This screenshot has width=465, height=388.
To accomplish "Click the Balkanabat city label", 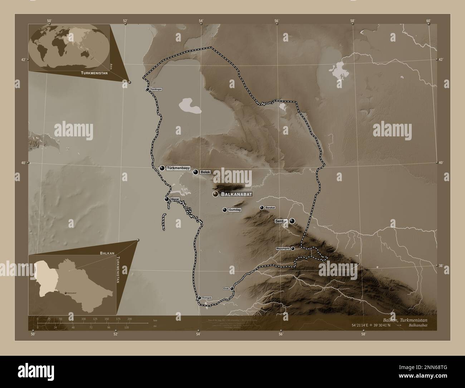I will [x=237, y=194].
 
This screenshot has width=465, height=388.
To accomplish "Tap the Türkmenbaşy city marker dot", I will [x=162, y=168].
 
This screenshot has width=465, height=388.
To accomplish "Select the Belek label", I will [x=205, y=172].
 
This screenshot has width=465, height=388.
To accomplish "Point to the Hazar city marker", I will [x=167, y=199].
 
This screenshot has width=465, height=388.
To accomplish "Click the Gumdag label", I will [x=234, y=210].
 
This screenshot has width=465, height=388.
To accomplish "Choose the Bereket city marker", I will [x=262, y=208].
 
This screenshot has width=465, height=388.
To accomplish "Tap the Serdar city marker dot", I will [x=293, y=221].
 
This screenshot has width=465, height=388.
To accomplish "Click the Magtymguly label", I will [x=283, y=248].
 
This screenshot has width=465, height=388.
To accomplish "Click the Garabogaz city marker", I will [x=147, y=89].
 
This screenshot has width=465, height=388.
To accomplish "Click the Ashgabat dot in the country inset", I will [x=65, y=293].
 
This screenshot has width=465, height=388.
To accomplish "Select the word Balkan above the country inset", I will [x=107, y=253].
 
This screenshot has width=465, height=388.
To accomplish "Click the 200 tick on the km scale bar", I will [x=129, y=319].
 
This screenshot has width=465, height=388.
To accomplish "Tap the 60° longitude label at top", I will [x=428, y=21].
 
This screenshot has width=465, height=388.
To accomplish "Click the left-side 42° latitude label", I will [x=23, y=60].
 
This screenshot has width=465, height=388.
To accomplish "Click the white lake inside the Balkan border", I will [x=190, y=106].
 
